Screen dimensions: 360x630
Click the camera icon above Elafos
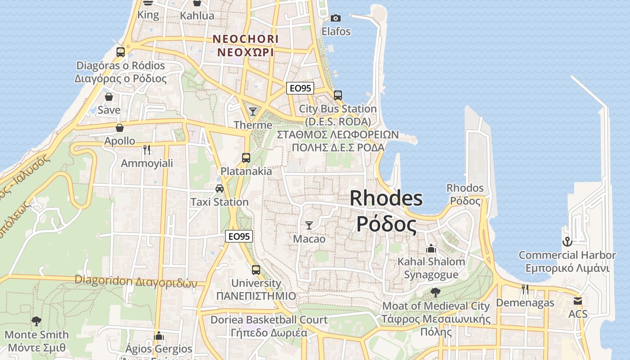(335, 18)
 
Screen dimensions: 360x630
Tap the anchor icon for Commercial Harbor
(567, 242)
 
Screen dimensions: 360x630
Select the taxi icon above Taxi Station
(219, 189)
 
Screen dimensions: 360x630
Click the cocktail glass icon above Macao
(309, 225)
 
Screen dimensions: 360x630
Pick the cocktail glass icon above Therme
(253, 111)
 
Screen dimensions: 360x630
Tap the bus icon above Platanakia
(246, 158)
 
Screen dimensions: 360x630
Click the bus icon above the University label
(256, 270)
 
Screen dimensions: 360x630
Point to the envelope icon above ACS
(578, 301)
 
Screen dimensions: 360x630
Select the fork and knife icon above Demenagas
(525, 289)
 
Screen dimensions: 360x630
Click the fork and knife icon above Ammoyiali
(146, 149)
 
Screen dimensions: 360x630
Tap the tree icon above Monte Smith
(36, 321)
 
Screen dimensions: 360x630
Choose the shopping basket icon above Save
(109, 96)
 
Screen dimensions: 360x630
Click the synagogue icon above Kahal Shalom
(431, 248)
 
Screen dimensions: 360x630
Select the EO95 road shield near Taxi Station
(239, 236)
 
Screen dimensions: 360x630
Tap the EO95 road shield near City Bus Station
(300, 88)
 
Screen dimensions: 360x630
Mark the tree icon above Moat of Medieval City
(435, 292)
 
